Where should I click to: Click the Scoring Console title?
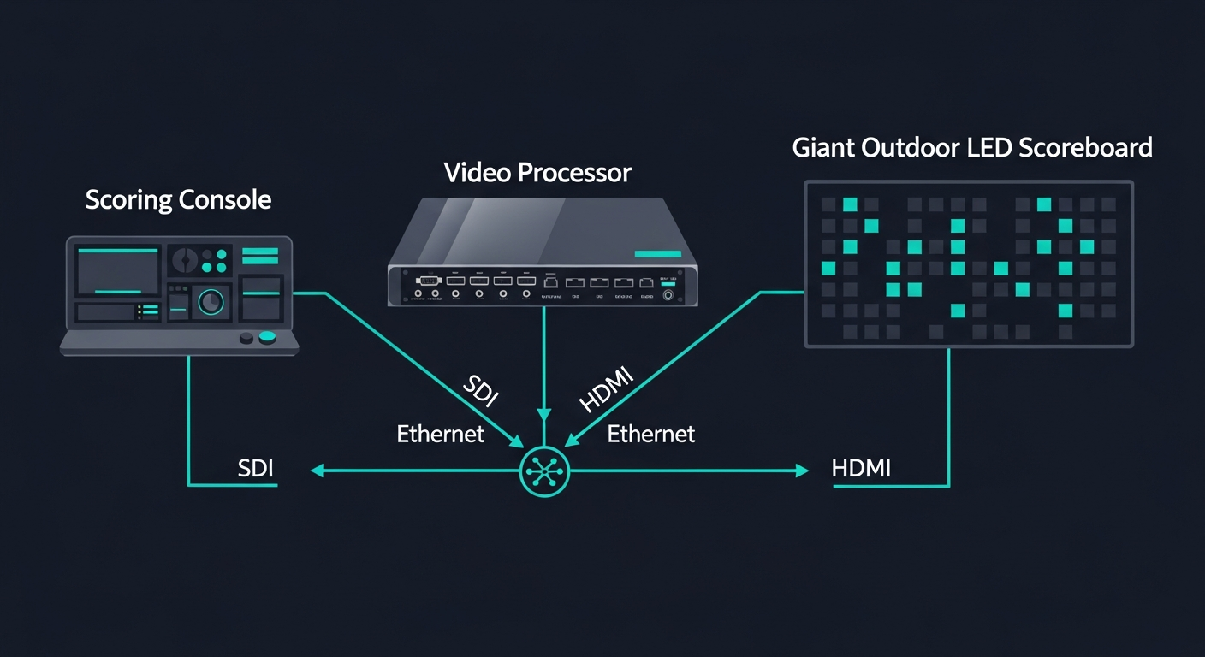point(178,200)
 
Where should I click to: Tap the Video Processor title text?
point(537,172)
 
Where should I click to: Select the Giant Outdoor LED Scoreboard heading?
point(972,147)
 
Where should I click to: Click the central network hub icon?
point(544,471)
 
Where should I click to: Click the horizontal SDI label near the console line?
point(257,468)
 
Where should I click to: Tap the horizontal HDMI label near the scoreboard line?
point(861,468)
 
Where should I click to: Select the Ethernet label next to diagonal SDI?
point(440,434)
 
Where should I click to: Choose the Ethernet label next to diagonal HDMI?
point(650,434)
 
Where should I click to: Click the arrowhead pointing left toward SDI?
point(318,471)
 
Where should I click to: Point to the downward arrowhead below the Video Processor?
point(544,414)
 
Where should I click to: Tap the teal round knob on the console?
point(268,337)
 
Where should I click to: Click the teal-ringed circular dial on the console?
point(211,301)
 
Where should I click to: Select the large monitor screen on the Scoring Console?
point(118,271)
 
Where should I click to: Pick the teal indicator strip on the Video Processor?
point(657,254)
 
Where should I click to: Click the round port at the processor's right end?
point(668,296)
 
